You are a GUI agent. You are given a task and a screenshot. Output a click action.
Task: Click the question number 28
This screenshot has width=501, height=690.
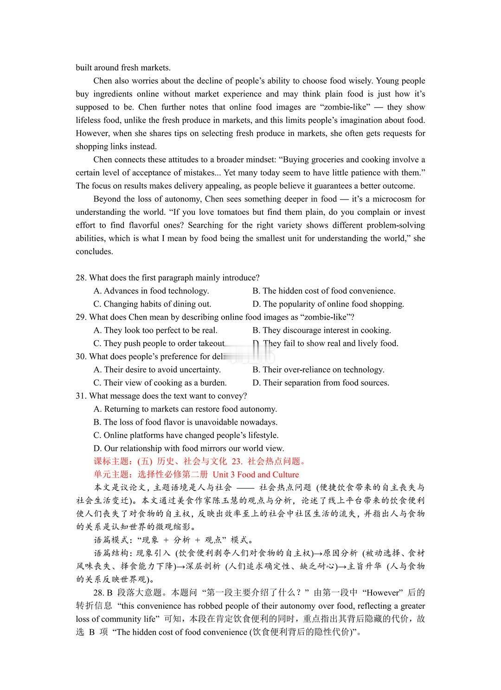(81, 278)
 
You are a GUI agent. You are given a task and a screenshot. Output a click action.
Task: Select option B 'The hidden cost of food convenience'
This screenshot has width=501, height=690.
(324, 291)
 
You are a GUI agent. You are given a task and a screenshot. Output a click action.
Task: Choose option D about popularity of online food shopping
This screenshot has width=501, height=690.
(328, 304)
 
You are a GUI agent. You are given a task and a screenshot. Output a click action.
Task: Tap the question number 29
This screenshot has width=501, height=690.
(81, 317)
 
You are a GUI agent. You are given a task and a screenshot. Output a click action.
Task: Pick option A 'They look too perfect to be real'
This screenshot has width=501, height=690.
(155, 330)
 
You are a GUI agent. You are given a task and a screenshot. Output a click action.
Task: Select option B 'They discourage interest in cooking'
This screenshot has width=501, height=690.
(321, 330)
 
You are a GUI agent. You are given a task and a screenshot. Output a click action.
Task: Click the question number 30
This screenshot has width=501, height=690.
(81, 356)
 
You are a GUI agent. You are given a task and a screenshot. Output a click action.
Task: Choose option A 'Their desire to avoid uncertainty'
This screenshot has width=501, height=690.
(157, 370)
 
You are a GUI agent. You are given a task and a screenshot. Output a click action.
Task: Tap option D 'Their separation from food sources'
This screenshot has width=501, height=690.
(321, 383)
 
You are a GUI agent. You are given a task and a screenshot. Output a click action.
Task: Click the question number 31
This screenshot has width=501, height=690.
(81, 396)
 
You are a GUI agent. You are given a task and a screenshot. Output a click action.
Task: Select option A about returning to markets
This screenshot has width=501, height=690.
(185, 409)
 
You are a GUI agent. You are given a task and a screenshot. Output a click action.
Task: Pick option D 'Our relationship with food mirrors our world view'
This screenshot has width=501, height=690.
(189, 448)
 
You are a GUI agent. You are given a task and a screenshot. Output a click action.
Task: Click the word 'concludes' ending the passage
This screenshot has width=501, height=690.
(95, 251)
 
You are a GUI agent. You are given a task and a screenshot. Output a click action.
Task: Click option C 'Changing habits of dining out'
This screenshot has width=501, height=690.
(152, 304)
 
